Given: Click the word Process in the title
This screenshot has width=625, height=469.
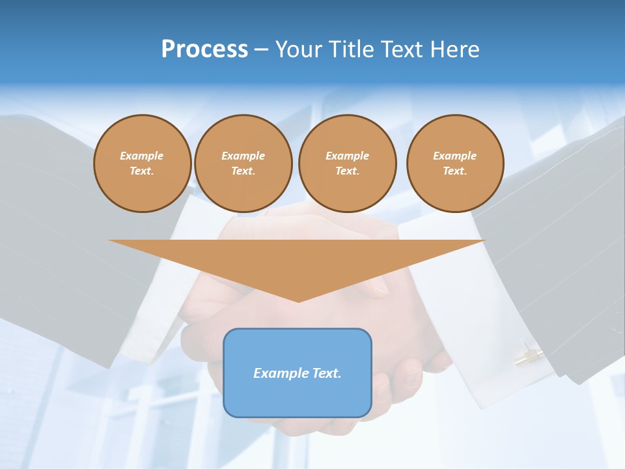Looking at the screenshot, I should coord(204,50).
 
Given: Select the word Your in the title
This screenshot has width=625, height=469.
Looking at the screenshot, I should coord(300,50).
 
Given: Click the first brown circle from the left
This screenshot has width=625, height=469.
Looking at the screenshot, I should coord(142,163).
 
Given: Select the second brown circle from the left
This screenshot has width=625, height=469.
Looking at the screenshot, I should coord(243,163).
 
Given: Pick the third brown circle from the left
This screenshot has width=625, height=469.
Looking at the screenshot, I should coord(347,163).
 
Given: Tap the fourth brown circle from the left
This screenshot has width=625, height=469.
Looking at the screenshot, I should coord(455,163).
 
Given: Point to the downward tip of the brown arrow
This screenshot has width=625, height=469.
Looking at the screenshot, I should coord(298,301).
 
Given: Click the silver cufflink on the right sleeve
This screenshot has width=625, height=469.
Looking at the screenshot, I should coord(529,354).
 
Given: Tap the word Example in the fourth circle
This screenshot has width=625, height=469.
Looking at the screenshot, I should coord(455,156).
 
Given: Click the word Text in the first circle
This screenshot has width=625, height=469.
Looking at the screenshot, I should coord(141,171).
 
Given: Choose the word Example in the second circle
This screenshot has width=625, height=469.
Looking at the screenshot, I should coord(243,156).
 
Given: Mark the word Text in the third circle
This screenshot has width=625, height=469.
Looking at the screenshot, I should coord(347,171).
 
